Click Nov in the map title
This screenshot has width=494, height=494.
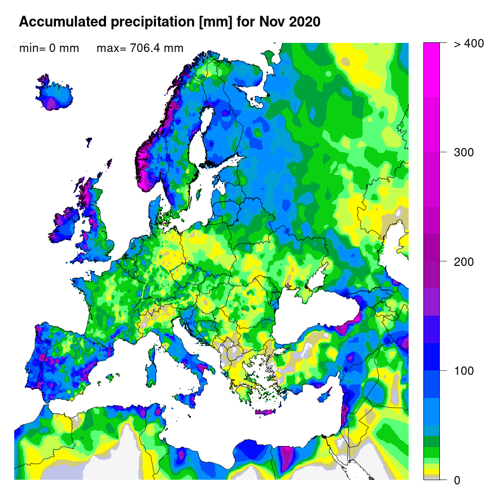270,22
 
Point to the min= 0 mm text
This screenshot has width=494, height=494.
49,49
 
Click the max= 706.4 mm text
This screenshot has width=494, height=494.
140,49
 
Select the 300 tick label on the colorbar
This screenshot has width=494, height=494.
464,152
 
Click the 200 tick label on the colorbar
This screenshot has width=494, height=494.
464,262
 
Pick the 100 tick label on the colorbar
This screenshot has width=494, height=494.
464,371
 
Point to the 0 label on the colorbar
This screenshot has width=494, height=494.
457,480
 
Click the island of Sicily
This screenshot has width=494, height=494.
190,397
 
